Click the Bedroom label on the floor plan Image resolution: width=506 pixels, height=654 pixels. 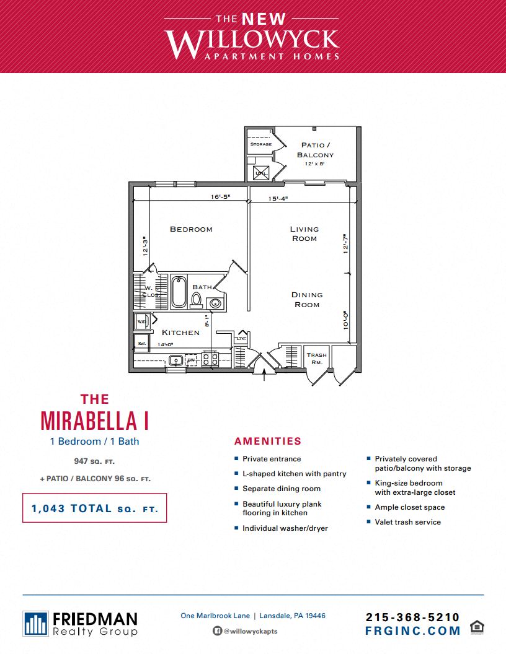[191, 229]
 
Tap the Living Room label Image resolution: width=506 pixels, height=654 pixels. [304, 233]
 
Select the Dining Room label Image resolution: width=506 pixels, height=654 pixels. [307, 300]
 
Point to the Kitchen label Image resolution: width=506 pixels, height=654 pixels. [180, 333]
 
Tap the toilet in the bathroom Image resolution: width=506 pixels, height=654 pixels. [197, 300]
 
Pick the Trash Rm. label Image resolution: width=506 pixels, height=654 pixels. [316, 358]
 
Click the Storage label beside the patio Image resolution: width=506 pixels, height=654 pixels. [260, 144]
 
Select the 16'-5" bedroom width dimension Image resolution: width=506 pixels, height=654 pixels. [220, 197]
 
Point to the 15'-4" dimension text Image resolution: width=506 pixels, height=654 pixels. [278, 199]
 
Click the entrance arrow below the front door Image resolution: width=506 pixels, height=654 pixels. [265, 374]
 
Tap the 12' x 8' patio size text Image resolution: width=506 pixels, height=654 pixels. [315, 164]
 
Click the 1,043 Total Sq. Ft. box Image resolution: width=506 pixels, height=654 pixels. [95, 508]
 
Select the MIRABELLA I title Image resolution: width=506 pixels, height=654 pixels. [94, 419]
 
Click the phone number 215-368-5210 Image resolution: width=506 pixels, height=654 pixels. [412, 617]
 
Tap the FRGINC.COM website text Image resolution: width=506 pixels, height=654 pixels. [412, 631]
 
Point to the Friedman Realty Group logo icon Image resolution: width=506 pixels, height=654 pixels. [35, 624]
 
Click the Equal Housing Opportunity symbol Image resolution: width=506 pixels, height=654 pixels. [477, 626]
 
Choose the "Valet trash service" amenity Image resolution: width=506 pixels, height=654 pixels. [407, 522]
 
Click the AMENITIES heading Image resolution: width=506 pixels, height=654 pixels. [268, 442]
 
